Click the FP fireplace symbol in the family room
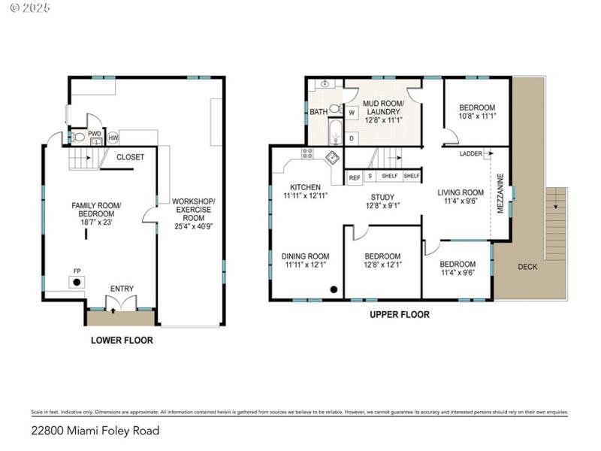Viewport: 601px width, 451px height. (77, 282)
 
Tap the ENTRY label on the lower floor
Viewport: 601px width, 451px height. (122, 289)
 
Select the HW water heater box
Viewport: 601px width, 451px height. (113, 138)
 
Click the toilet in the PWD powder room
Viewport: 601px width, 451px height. (79, 138)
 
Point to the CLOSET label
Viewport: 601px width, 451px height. (130, 157)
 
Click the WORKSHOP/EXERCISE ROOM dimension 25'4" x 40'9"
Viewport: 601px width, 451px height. (194, 225)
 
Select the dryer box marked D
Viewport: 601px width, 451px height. (352, 138)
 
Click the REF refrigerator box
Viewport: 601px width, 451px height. (355, 177)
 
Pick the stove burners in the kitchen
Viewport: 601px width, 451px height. (307, 153)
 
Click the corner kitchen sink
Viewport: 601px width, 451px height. (331, 157)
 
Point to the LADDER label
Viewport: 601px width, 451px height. (471, 153)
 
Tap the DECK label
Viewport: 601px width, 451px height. (527, 266)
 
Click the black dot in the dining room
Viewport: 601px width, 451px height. (334, 289)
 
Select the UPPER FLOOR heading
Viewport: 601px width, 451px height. (399, 315)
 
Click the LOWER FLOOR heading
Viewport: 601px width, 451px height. (122, 340)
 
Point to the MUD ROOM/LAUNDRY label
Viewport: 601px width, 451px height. (383, 110)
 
